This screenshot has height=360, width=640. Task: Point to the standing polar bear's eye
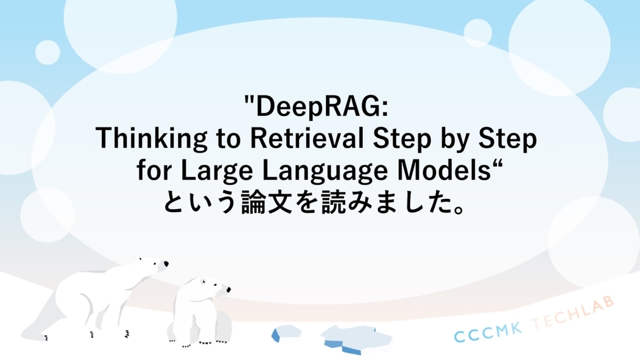tap(158, 264)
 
